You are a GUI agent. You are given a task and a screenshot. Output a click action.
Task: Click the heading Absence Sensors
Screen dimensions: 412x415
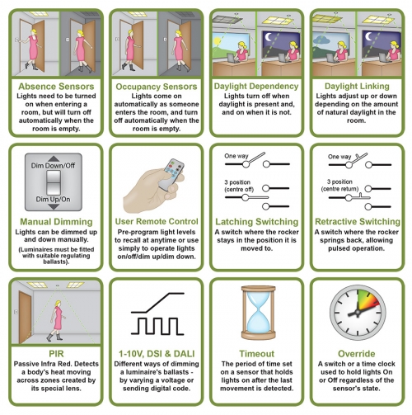click(56, 87)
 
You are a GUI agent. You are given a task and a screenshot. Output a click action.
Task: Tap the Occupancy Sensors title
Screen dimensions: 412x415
click(157, 87)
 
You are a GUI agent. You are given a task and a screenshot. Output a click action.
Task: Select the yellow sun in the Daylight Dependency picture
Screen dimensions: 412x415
click(217, 41)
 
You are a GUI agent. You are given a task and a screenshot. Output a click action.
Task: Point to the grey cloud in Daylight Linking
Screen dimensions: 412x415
click(321, 40)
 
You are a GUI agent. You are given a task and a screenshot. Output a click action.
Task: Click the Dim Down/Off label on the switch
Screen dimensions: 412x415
click(53, 166)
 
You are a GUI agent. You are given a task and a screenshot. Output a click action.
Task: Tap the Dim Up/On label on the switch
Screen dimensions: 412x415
click(53, 199)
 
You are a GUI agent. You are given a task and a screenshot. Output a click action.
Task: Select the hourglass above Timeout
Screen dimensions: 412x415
click(258, 313)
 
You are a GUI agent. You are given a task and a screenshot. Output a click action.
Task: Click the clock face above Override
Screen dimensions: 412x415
click(358, 313)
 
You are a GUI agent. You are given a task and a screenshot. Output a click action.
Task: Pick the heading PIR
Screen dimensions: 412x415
click(56, 354)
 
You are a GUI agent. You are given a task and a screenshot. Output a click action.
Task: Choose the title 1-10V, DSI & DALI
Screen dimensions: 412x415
click(157, 354)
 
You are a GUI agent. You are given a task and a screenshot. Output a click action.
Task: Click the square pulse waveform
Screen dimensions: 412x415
click(157, 326)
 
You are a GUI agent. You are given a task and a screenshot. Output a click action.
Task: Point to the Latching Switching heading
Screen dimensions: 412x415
click(256, 222)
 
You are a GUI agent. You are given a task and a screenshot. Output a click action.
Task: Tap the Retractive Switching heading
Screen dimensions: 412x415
click(358, 222)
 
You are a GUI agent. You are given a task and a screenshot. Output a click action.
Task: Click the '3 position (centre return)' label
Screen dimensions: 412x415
click(339, 186)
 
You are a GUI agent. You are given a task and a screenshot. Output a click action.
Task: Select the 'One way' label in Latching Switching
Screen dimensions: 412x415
click(236, 156)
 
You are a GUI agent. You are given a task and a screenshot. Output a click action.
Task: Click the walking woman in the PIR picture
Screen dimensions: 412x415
click(57, 320)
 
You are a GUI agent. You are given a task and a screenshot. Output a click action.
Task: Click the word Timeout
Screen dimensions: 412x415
click(256, 354)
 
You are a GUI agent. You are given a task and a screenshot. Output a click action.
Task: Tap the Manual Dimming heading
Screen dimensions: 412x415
click(56, 222)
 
